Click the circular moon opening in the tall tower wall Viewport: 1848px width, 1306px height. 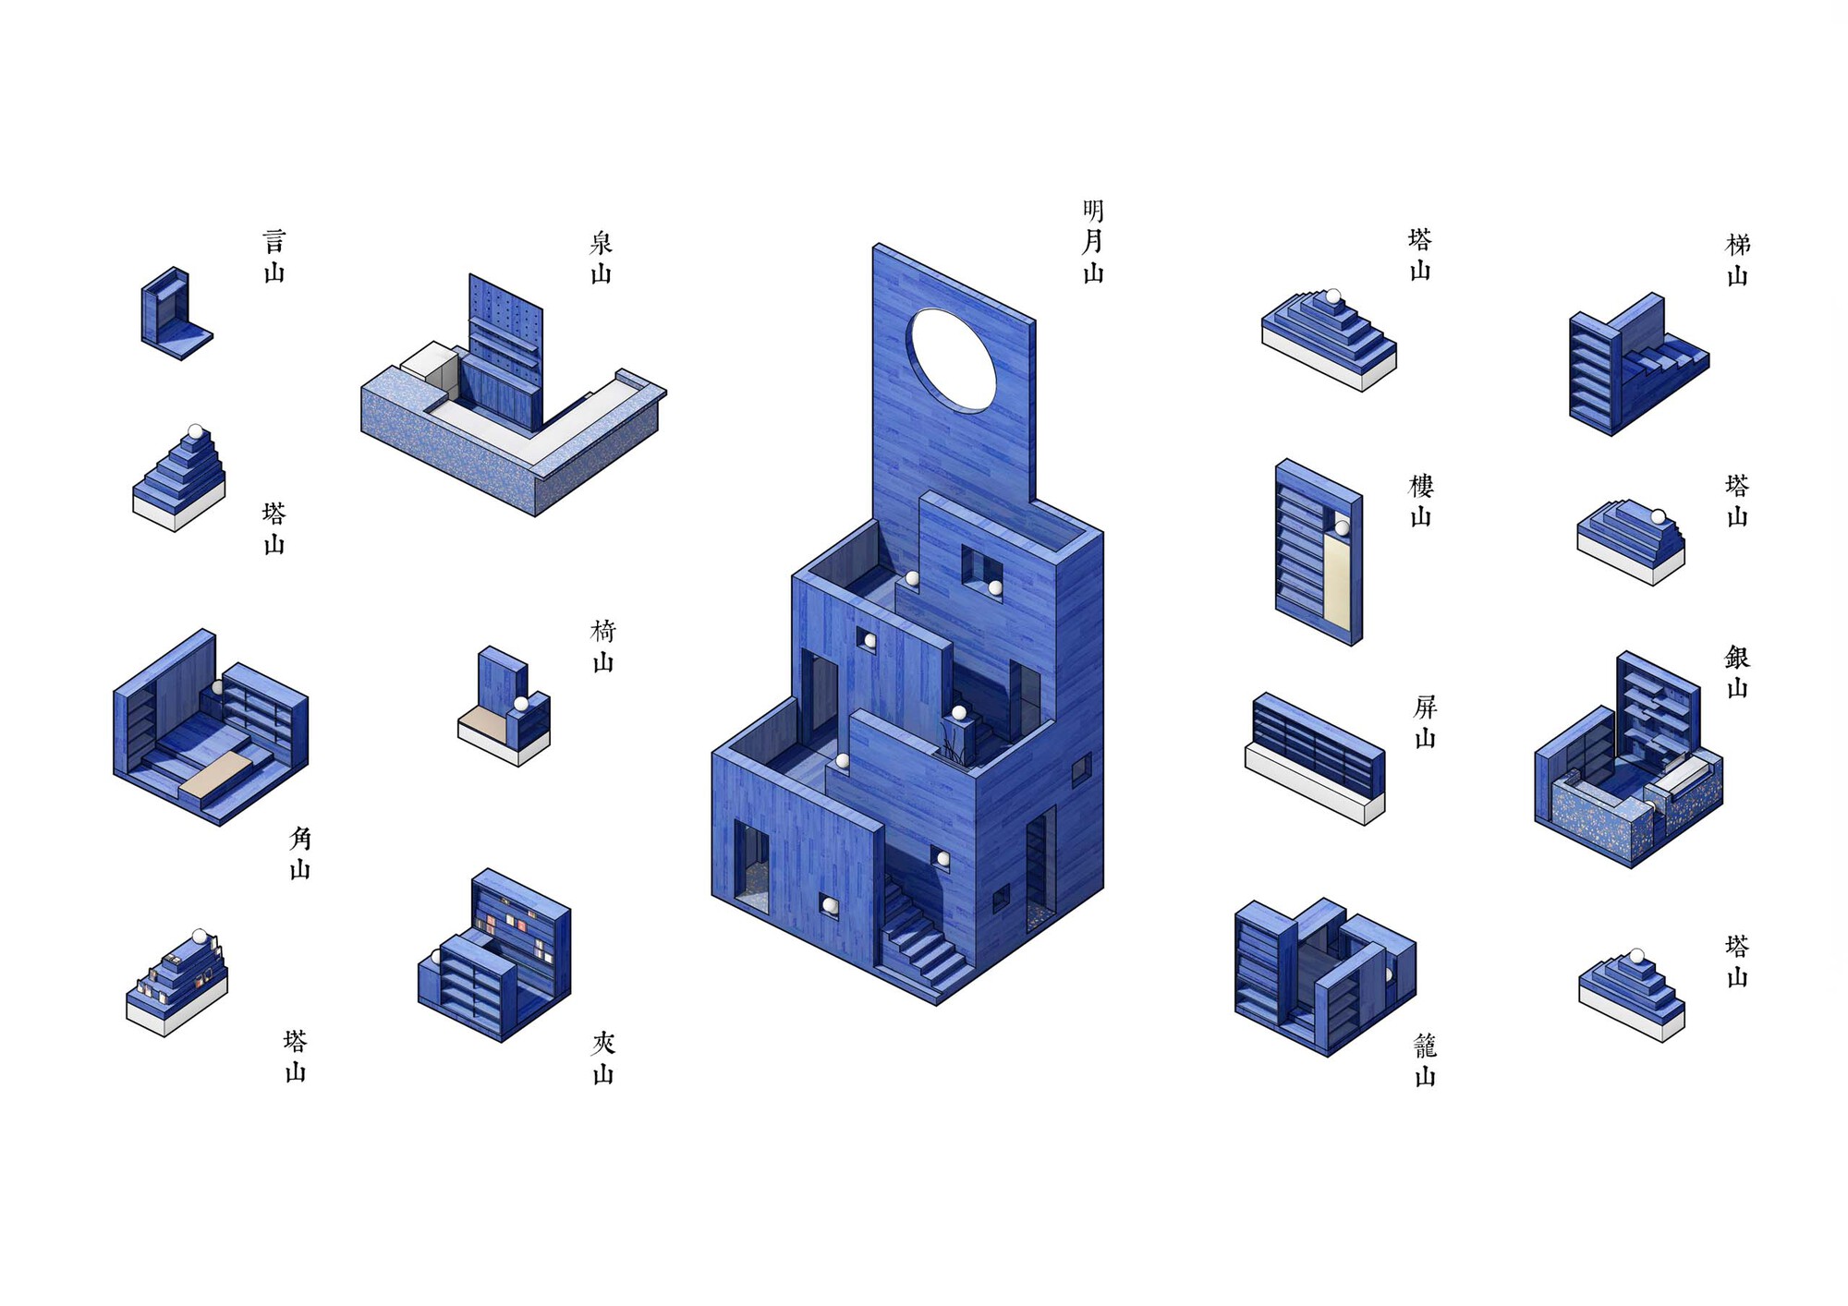point(953,360)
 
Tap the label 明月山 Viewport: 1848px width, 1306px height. point(1093,242)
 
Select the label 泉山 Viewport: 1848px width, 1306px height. point(602,258)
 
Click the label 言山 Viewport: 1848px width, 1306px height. point(274,257)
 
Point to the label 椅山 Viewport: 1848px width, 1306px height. point(602,647)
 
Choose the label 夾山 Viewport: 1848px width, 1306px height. point(602,1058)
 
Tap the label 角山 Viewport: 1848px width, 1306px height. point(300,853)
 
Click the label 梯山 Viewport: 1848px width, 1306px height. point(1738,260)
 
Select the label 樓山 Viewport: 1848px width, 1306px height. point(1421,501)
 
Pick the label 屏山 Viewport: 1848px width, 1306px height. point(1426,722)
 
